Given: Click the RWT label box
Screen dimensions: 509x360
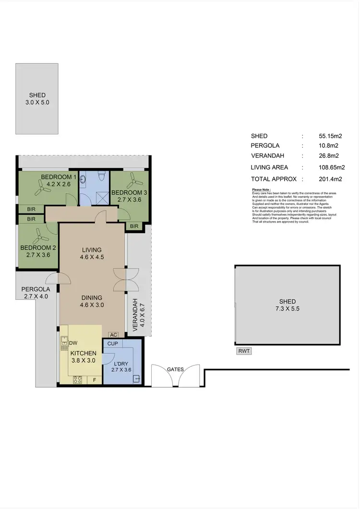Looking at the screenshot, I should click(x=244, y=351).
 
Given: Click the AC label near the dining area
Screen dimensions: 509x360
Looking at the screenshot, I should click(x=114, y=335).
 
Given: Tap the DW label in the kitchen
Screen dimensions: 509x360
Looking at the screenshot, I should click(x=73, y=343).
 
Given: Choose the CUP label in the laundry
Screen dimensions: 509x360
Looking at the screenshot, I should click(x=113, y=344).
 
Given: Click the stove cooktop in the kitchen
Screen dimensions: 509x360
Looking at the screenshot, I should click(x=78, y=379).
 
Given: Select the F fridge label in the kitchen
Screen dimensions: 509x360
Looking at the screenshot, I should click(x=95, y=380).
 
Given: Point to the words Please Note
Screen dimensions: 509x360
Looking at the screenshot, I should click(x=262, y=190).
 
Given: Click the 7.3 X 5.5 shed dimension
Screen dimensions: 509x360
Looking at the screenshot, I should click(x=287, y=309).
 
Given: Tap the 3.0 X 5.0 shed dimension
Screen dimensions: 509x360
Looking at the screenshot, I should click(x=37, y=102).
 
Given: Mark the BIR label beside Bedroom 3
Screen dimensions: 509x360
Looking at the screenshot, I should click(x=133, y=226).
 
